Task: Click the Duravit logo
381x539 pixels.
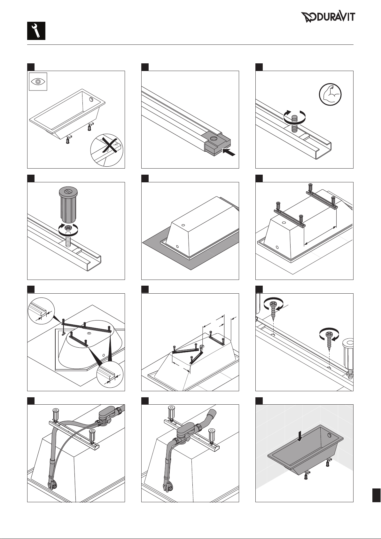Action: pyautogui.click(x=328, y=17)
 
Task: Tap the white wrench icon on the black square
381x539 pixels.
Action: pyautogui.click(x=36, y=31)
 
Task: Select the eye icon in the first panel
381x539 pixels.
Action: pyautogui.click(x=38, y=82)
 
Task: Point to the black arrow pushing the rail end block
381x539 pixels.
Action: pyautogui.click(x=229, y=152)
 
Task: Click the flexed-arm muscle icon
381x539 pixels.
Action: pyautogui.click(x=330, y=94)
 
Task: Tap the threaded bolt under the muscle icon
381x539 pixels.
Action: pyautogui.click(x=294, y=123)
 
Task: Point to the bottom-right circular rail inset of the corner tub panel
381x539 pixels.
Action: pyautogui.click(x=110, y=375)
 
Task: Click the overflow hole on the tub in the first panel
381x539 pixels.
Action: pyautogui.click(x=91, y=99)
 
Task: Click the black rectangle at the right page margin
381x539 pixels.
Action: pyautogui.click(x=377, y=495)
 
